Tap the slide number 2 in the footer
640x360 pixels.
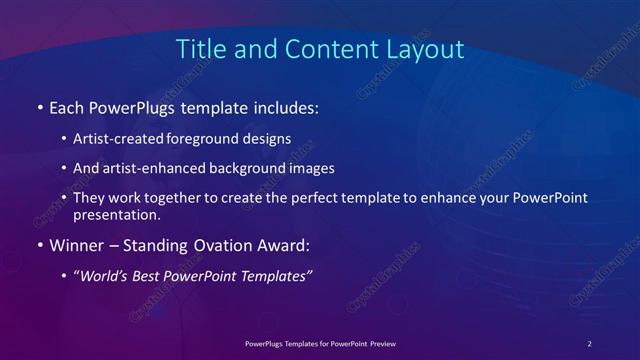coord(590,343)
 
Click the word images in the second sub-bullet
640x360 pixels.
coord(312,169)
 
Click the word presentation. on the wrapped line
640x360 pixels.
coord(117,214)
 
